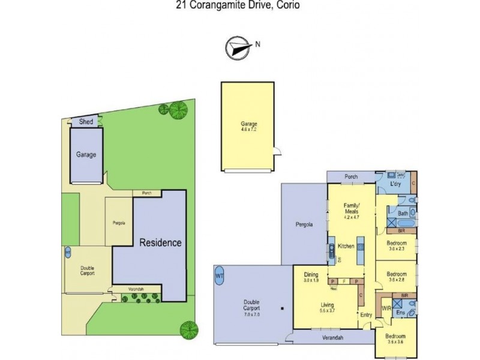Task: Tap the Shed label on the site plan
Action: click(x=86, y=122)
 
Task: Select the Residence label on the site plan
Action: click(x=160, y=243)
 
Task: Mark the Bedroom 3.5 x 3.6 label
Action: click(x=395, y=340)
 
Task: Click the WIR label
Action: click(x=387, y=308)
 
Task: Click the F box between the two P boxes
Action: click(x=344, y=281)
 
